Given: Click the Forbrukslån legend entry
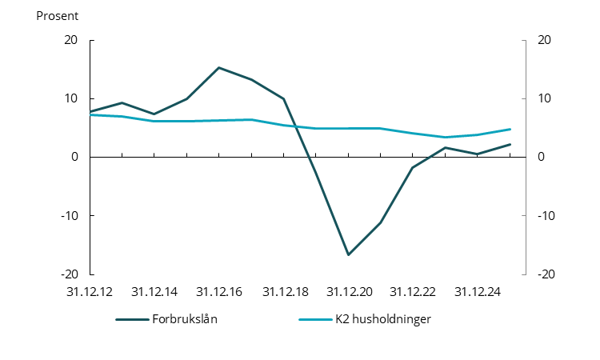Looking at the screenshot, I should point(185,319).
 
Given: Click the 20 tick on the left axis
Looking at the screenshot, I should point(72,41).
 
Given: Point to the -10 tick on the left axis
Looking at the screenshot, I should point(70,216).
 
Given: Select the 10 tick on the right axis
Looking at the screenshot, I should point(544,99).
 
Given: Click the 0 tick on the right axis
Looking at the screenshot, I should point(541,158).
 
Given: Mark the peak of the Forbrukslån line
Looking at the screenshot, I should point(219,67).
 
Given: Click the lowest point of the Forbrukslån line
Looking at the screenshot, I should point(348,254).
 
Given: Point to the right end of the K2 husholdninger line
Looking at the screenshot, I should point(510,129).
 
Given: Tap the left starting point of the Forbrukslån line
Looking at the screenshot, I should point(90,111).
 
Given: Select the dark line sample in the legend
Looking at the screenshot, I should point(132,319).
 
